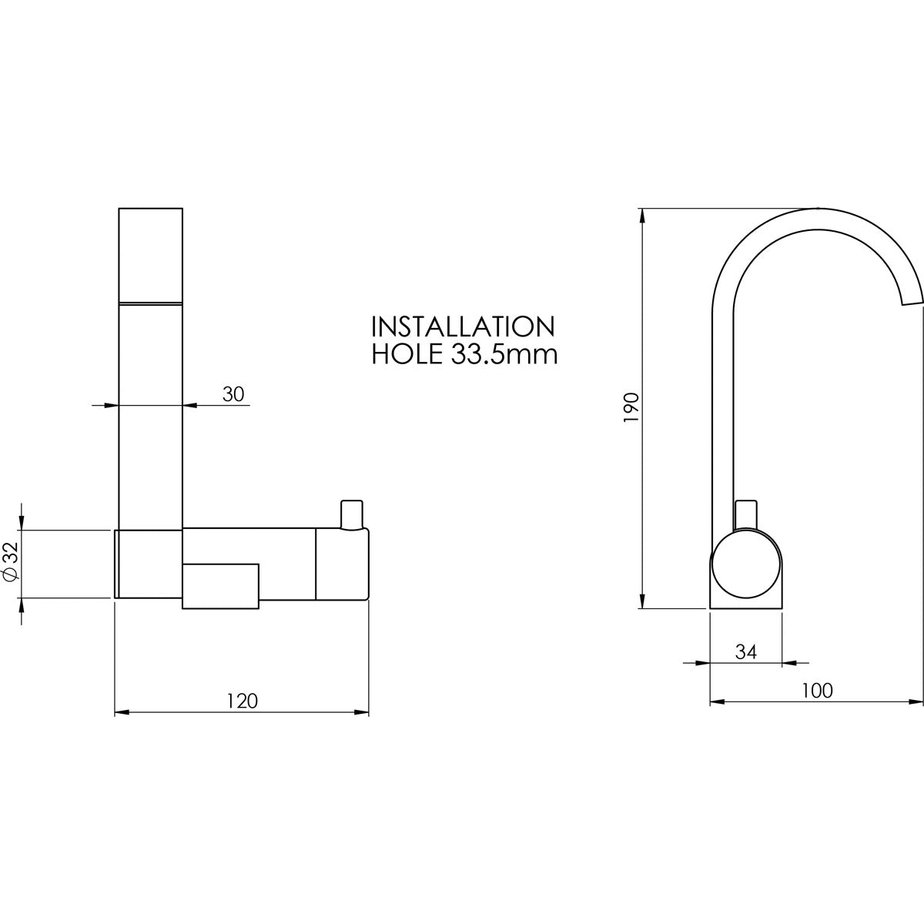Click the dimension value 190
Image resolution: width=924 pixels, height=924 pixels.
(631, 407)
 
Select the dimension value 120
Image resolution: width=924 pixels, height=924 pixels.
(242, 701)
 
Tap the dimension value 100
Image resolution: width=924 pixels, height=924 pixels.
(817, 691)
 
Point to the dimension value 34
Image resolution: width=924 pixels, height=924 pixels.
(745, 651)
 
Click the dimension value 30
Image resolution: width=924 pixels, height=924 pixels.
(233, 394)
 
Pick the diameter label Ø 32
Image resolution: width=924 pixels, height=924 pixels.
(11, 562)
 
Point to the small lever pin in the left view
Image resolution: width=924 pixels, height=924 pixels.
(351, 514)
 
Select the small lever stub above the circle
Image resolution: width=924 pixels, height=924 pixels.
(746, 514)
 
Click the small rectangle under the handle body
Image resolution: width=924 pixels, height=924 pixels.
(220, 586)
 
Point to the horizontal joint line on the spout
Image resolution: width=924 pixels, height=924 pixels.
(151, 302)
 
